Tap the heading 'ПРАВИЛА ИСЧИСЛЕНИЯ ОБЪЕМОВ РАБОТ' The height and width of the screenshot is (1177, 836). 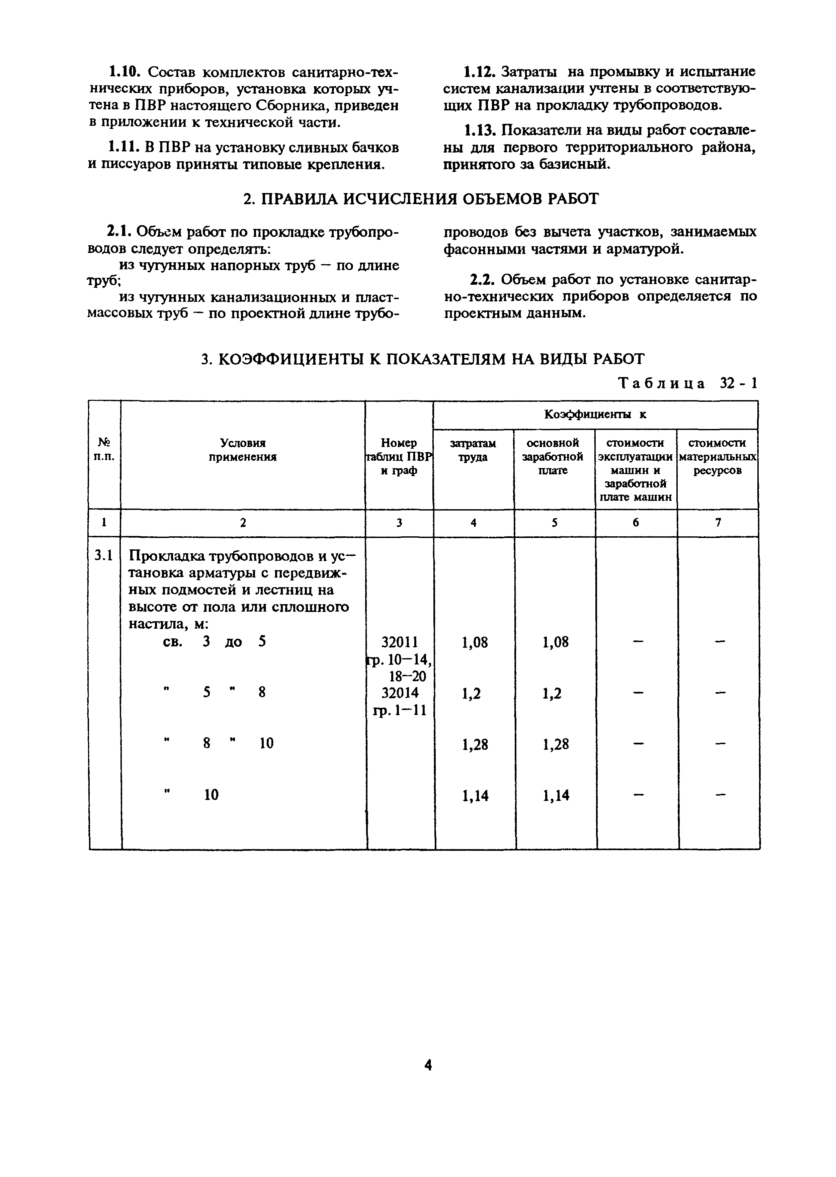[421, 199]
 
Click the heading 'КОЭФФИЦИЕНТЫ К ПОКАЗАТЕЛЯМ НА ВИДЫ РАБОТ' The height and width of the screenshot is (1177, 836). [423, 359]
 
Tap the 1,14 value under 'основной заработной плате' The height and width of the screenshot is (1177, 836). [556, 796]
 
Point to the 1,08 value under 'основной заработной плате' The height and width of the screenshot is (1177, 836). [556, 642]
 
